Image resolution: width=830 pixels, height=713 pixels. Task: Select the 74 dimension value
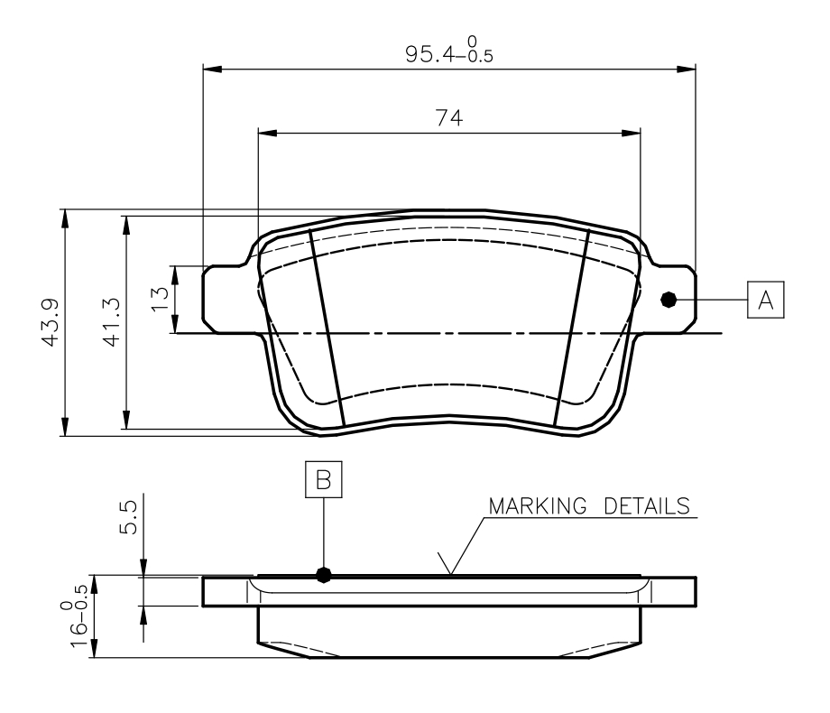448,117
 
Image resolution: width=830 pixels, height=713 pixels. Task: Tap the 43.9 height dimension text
51,321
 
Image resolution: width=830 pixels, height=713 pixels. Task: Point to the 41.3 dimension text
112,321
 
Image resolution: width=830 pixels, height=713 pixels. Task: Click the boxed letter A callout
766,299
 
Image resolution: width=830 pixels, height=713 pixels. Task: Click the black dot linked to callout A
669,300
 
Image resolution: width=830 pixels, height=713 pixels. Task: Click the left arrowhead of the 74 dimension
266,133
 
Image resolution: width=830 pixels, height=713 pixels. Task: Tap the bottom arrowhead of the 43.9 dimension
66,428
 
